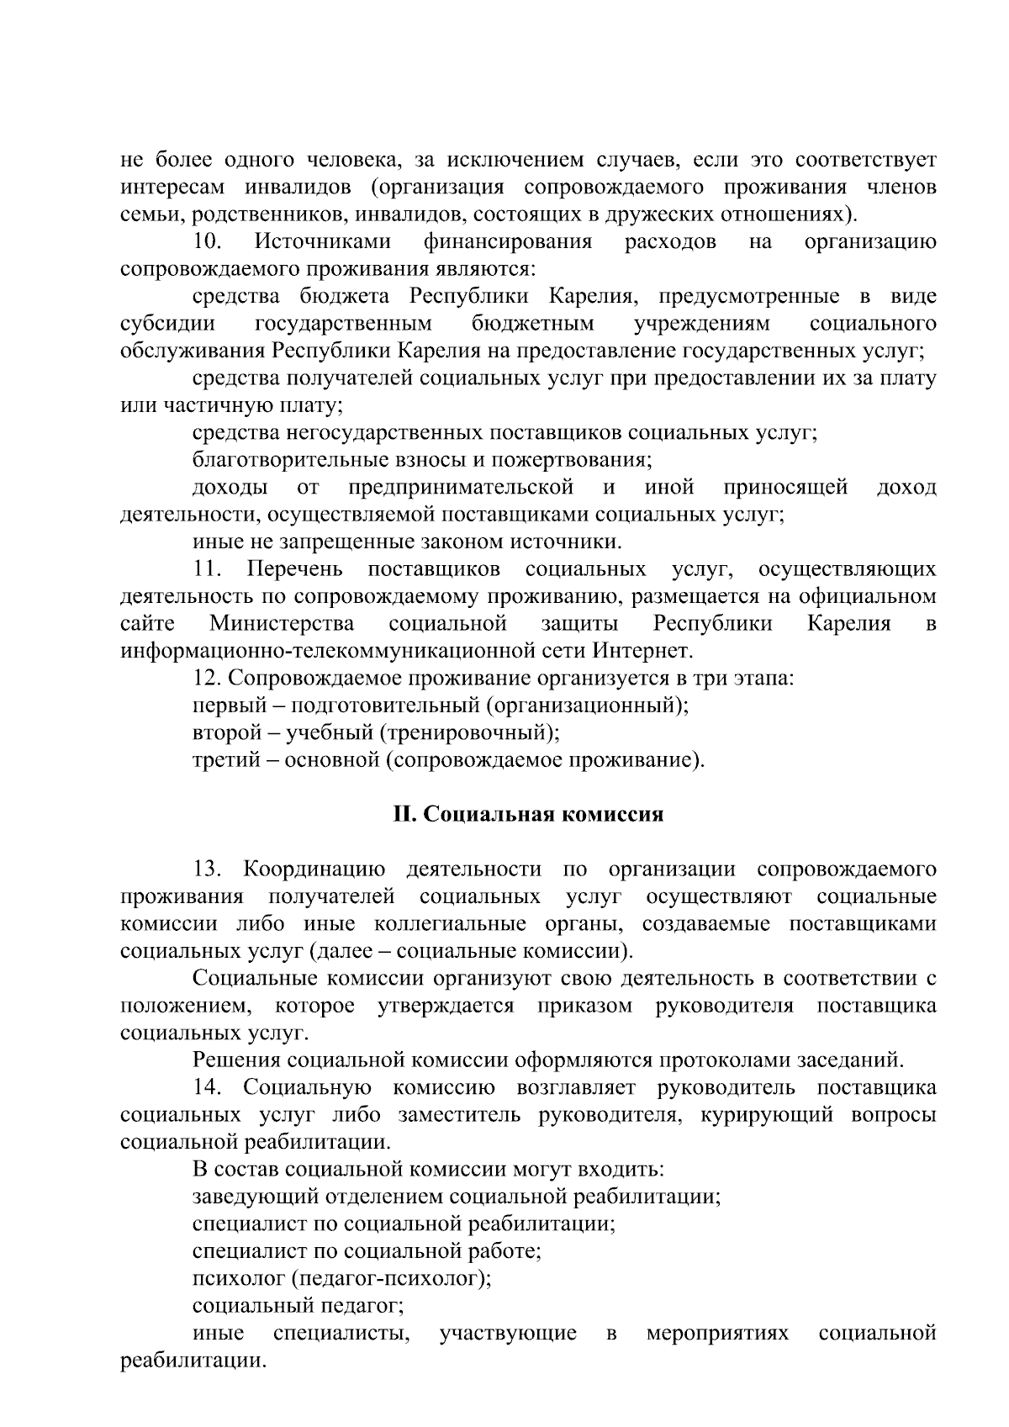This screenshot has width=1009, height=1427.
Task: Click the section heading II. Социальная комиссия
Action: pos(529,815)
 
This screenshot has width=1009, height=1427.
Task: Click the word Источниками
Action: pos(323,242)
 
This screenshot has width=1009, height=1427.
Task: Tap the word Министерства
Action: pos(282,624)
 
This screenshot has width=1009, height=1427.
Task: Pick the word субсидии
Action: pos(167,324)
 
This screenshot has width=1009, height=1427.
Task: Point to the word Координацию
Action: pos(314,869)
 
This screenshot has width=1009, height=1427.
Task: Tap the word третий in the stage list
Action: pos(220,760)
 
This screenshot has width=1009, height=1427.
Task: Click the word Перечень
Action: pos(294,569)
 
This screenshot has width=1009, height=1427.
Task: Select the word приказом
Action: pos(585,1006)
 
